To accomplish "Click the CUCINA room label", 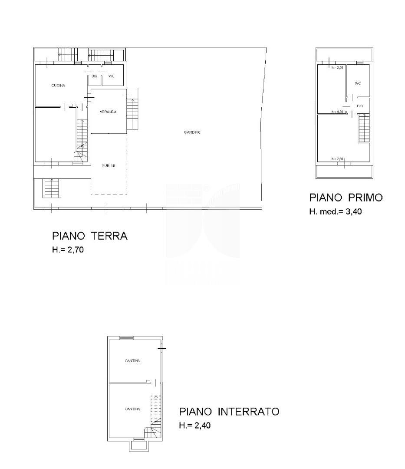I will [x=58, y=86].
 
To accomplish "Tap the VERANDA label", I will [x=108, y=112].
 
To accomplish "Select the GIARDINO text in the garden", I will [x=191, y=132].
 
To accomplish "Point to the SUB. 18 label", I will [x=109, y=165].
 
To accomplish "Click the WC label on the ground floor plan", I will [x=111, y=76].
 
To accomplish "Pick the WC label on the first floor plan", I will [x=358, y=83].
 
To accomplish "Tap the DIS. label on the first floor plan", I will [x=360, y=106].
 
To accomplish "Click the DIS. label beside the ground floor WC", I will [x=94, y=76].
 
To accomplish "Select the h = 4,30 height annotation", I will [x=337, y=112].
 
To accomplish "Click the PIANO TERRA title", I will [x=89, y=236].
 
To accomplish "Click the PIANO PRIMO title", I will [x=346, y=198].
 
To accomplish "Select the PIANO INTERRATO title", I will [x=229, y=412].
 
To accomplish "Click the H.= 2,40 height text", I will [x=194, y=426].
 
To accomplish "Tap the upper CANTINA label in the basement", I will [x=132, y=361].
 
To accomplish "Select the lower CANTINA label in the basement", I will [x=132, y=409].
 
